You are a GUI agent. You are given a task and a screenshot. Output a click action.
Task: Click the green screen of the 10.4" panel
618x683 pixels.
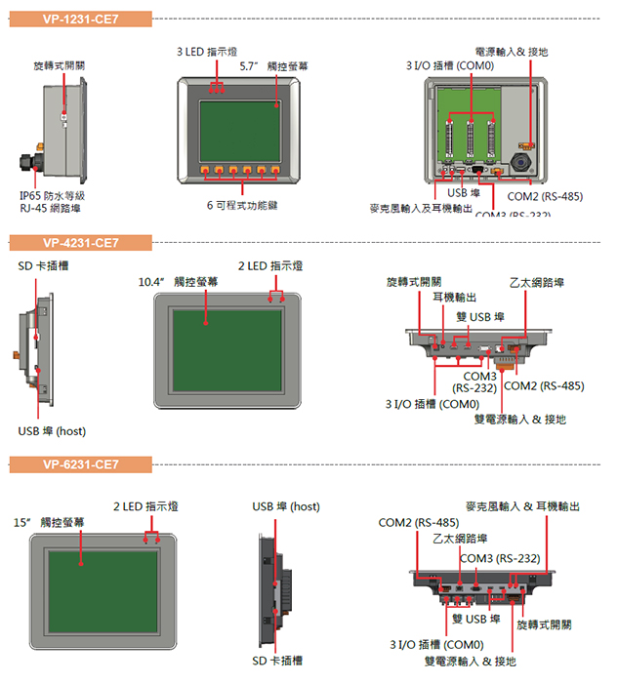click(x=226, y=346)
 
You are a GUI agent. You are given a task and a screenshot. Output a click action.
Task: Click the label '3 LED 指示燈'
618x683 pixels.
click(x=206, y=51)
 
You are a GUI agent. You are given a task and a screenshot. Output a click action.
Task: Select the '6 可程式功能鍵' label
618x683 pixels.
click(x=242, y=206)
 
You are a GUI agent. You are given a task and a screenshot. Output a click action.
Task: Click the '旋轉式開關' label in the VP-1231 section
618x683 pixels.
click(x=59, y=65)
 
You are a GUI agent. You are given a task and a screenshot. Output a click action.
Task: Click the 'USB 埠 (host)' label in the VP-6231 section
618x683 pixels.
click(x=285, y=506)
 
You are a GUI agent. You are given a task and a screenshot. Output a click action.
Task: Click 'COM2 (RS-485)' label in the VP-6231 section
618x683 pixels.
click(x=419, y=523)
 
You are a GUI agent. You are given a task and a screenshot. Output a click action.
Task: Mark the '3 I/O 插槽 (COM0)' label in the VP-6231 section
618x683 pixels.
click(x=436, y=645)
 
